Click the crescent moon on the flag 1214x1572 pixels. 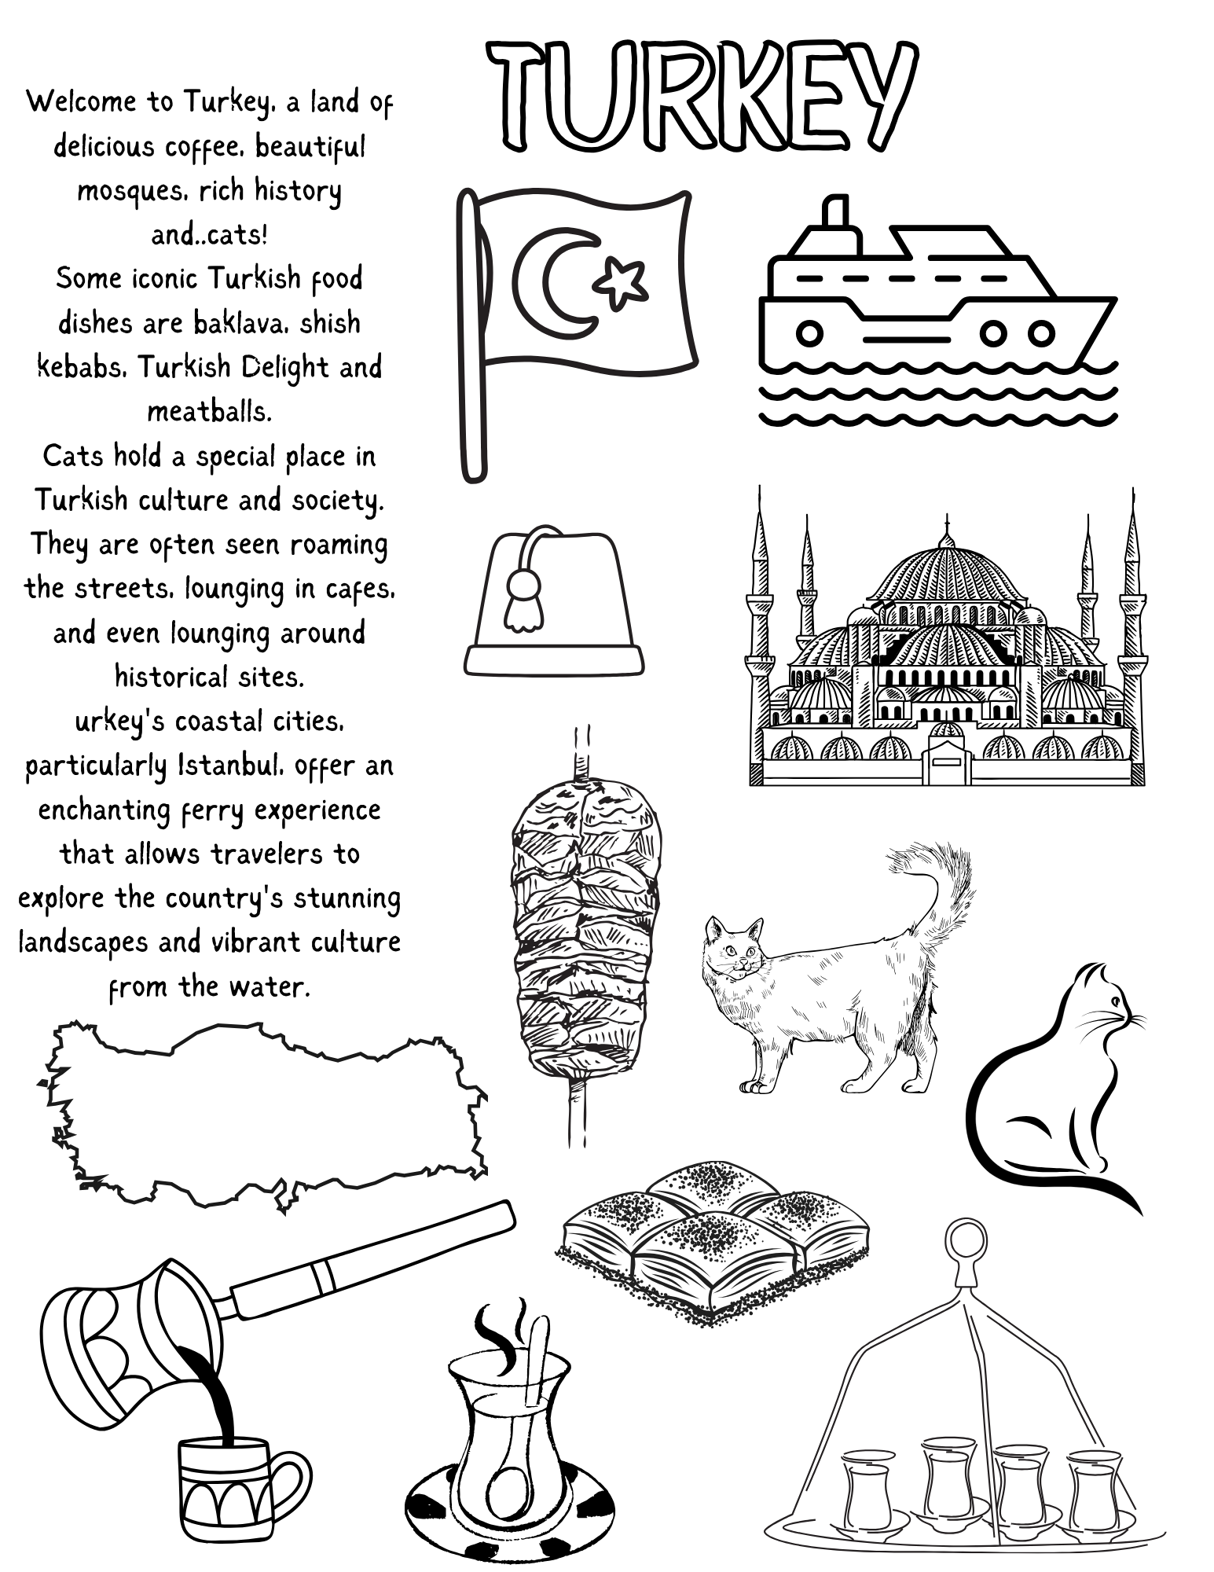coord(550,281)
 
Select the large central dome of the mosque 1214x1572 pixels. coord(946,574)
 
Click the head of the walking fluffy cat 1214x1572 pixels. coord(734,946)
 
